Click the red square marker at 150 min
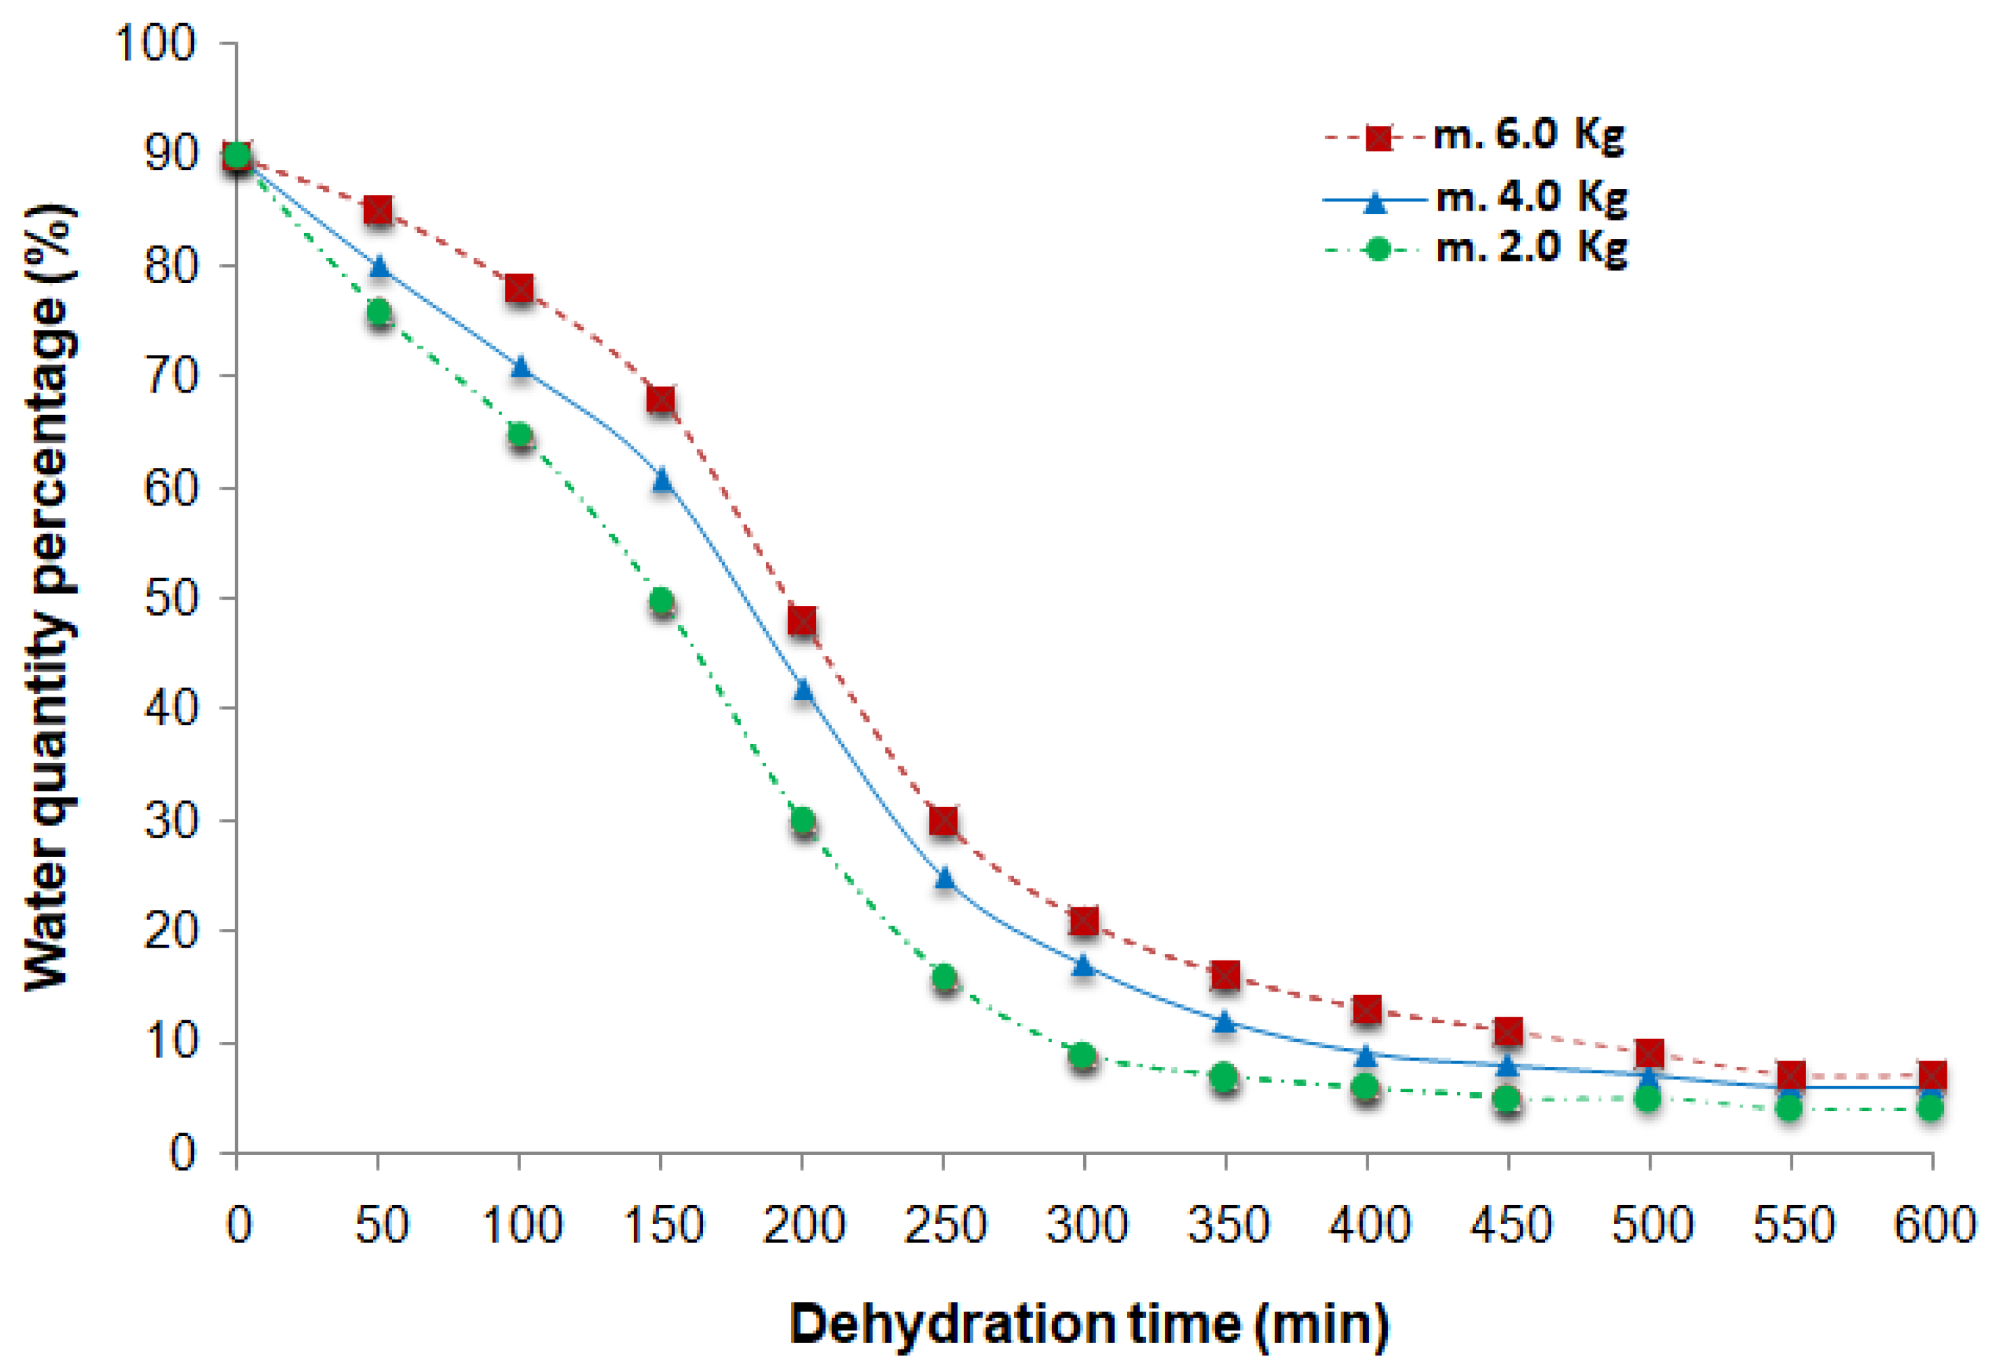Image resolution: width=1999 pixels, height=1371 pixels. [x=661, y=400]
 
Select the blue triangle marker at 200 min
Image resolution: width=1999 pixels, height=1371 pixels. [x=803, y=690]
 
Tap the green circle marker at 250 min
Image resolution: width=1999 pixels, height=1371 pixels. [x=944, y=977]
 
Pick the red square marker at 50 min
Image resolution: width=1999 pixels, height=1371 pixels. [x=379, y=210]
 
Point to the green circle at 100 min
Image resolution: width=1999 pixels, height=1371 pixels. [x=520, y=434]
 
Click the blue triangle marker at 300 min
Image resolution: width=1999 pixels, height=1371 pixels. [x=1084, y=965]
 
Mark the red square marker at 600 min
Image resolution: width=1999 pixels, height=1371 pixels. [x=1932, y=1075]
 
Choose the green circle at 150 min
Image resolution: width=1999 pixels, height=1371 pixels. [x=661, y=600]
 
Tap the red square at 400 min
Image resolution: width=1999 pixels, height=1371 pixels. [x=1367, y=1010]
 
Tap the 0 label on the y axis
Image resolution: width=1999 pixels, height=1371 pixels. [x=182, y=1153]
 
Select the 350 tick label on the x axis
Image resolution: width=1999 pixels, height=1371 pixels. [x=1228, y=1225]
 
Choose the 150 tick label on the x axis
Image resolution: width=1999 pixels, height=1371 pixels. [x=663, y=1225]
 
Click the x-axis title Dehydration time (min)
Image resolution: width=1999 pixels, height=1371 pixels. [x=1089, y=1324]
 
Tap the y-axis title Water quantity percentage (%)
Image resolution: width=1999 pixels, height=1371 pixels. [x=52, y=597]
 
